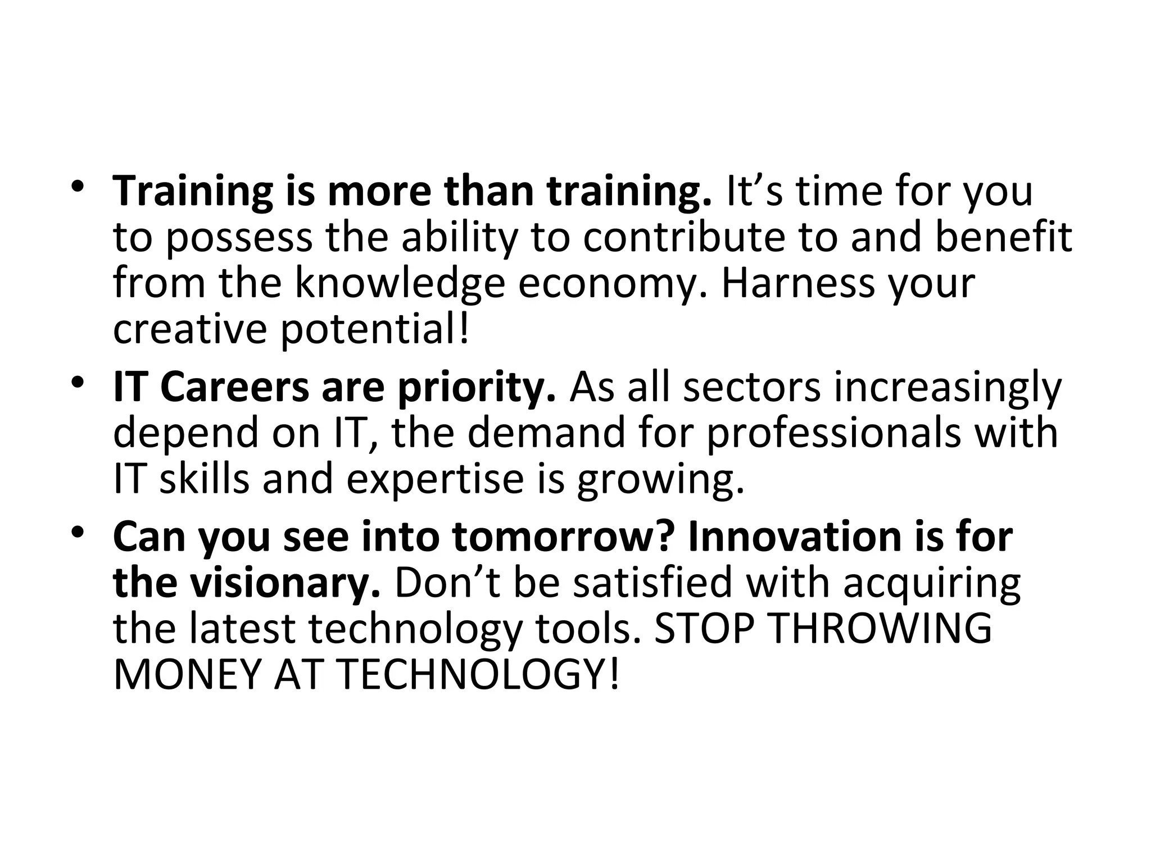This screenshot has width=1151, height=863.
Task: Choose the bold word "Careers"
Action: (x=234, y=387)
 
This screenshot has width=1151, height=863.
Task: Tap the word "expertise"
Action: (x=435, y=481)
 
